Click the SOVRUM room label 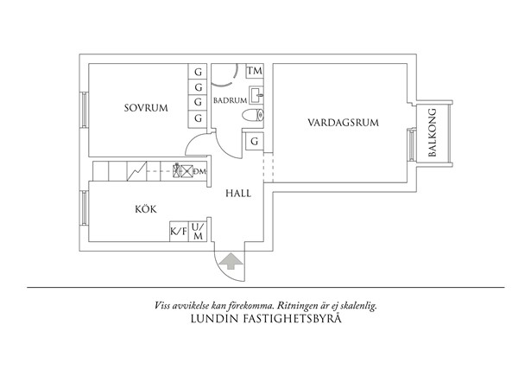145,108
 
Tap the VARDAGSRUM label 344,124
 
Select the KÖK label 145,209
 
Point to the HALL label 238,194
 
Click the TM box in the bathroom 255,71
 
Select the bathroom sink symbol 256,94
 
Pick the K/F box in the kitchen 179,232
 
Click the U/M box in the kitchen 199,232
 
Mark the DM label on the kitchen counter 199,171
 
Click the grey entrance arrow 231,260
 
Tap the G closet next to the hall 255,142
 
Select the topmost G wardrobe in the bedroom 199,72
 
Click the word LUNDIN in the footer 209,319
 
